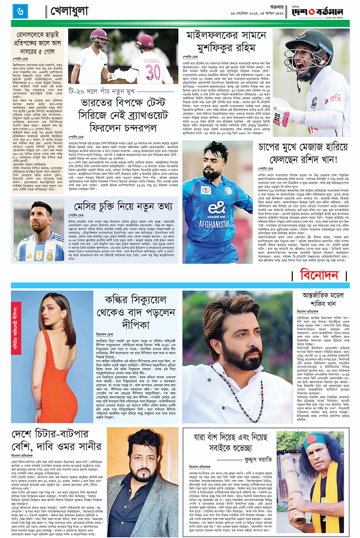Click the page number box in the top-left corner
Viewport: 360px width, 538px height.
click(x=20, y=12)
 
